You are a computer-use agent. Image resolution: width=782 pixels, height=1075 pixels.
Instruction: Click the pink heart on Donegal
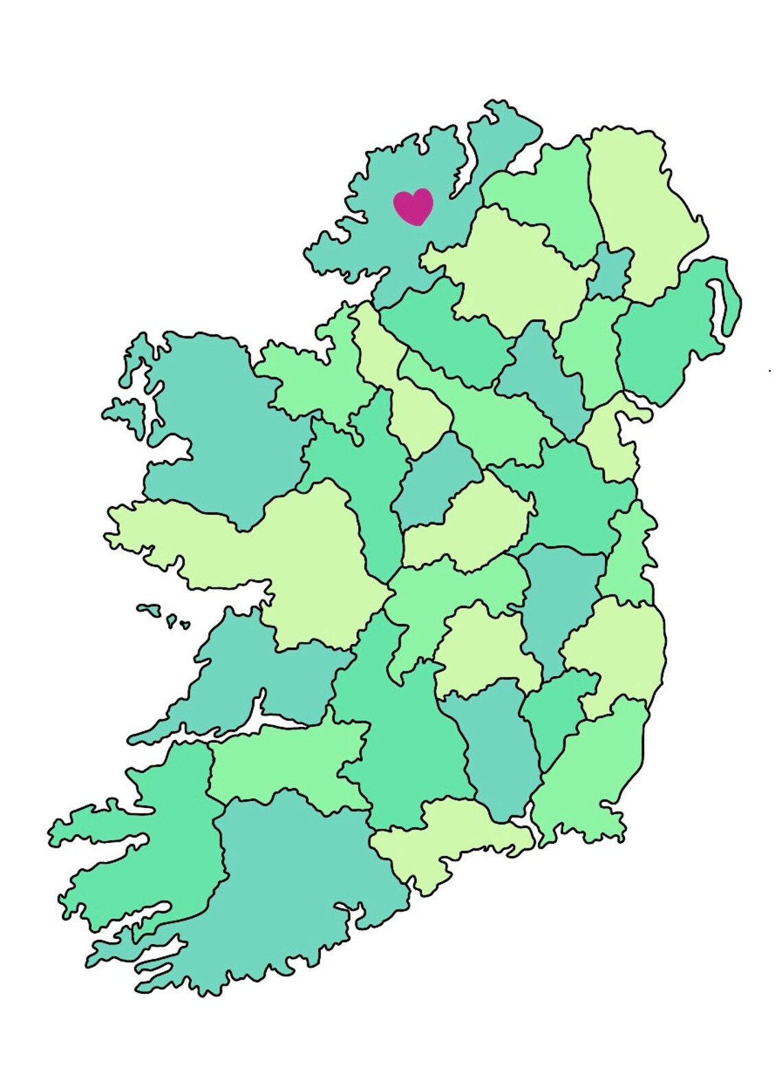pos(413,206)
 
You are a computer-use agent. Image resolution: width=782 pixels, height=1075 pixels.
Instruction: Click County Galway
pos(288,556)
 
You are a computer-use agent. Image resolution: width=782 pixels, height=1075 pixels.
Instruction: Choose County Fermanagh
pos(446,330)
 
